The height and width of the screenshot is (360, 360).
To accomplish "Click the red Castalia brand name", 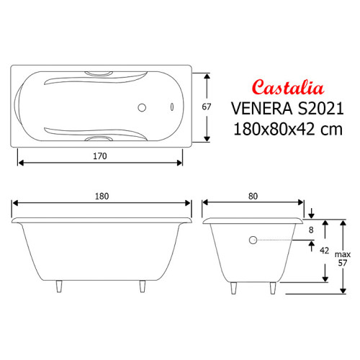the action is [x=288, y=87].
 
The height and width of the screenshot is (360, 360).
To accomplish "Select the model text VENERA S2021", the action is [x=287, y=109].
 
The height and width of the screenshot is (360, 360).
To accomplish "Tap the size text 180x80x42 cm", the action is [x=288, y=129].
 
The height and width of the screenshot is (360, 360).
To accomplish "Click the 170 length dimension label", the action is [x=100, y=156].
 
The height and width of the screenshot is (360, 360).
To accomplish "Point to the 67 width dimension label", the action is [x=207, y=107].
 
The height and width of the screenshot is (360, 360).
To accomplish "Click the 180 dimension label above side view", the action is [x=102, y=197].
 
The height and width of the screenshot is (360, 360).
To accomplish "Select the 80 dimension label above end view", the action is [x=253, y=197].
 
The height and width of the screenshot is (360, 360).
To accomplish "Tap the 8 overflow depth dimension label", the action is [x=311, y=230].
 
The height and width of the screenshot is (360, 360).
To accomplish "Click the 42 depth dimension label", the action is [x=324, y=251].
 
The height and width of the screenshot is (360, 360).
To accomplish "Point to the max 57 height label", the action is [x=343, y=258].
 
